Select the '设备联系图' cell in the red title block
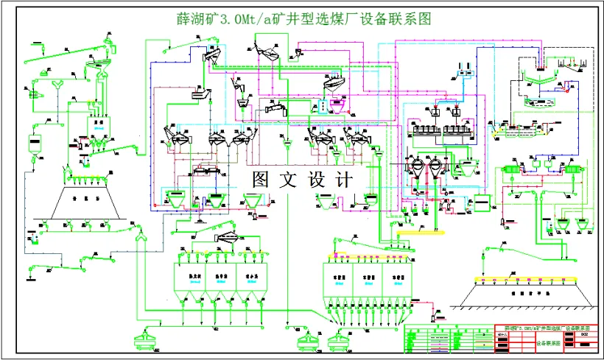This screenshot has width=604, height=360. click(x=547, y=342)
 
